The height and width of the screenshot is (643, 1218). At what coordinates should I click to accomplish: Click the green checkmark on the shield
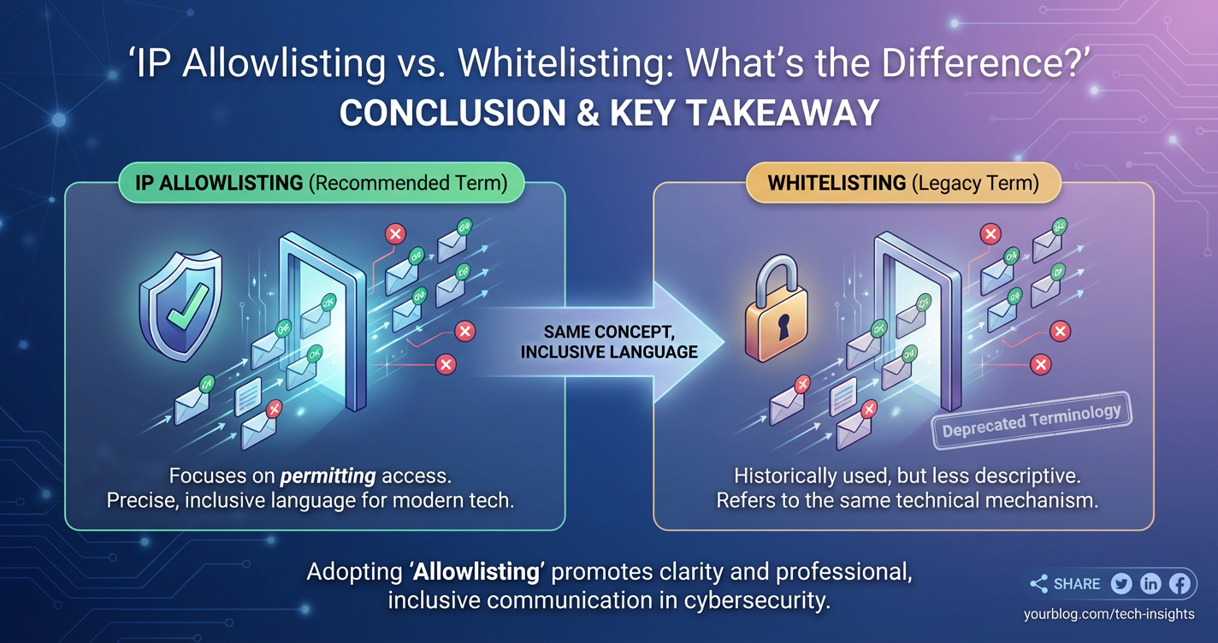coord(187,305)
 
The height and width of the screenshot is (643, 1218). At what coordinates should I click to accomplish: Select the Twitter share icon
coord(1121,584)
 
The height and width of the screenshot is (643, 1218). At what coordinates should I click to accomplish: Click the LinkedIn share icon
coord(1150,584)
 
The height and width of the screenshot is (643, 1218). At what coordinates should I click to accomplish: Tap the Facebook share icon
coord(1180,584)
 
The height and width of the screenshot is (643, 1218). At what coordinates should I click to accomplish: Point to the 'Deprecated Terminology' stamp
coord(1032,420)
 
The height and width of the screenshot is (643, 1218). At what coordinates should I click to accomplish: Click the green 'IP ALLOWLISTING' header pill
coord(320,183)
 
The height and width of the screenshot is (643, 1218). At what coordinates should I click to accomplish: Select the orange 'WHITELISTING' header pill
coord(903,183)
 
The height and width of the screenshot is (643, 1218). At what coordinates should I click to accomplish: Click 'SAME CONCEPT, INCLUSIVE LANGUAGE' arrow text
coord(609,341)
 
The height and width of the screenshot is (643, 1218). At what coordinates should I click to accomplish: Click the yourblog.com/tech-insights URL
coord(1109,614)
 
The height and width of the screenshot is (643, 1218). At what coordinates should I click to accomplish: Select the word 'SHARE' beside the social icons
coord(1077,584)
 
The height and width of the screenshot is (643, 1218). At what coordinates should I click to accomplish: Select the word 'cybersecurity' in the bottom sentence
coord(758,600)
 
